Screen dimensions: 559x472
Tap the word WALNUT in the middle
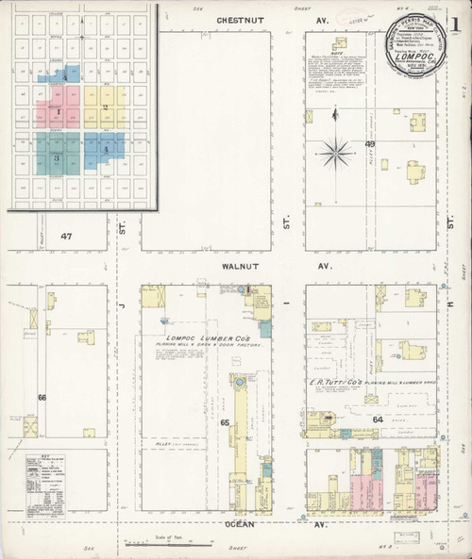coord(230,267)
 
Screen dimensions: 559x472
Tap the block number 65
coord(226,423)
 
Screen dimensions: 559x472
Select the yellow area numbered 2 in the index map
coord(106,107)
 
